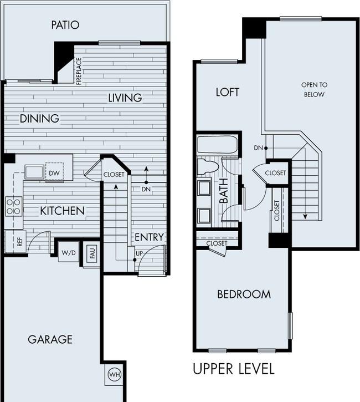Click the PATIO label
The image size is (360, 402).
click(65, 25)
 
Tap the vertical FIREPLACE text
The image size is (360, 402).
click(79, 72)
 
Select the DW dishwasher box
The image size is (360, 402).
click(54, 172)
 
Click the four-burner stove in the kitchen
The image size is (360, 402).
click(14, 206)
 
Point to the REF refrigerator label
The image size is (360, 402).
click(20, 242)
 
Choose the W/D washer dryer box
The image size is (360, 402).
click(69, 252)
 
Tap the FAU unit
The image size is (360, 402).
click(92, 252)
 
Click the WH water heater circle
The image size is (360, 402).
click(114, 375)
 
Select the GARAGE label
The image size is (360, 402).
click(50, 339)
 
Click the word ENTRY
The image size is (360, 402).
click(149, 237)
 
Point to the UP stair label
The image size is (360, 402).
click(139, 254)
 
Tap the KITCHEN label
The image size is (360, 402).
click(62, 211)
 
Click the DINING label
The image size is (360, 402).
click(39, 119)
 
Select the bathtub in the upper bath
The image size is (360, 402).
click(218, 145)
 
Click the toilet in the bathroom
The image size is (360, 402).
click(208, 166)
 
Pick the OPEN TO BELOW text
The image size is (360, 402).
click(314, 89)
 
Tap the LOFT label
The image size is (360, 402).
click(228, 92)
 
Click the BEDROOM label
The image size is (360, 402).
click(244, 294)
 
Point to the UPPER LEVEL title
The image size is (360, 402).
click(234, 369)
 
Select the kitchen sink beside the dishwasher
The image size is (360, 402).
click(34, 172)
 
